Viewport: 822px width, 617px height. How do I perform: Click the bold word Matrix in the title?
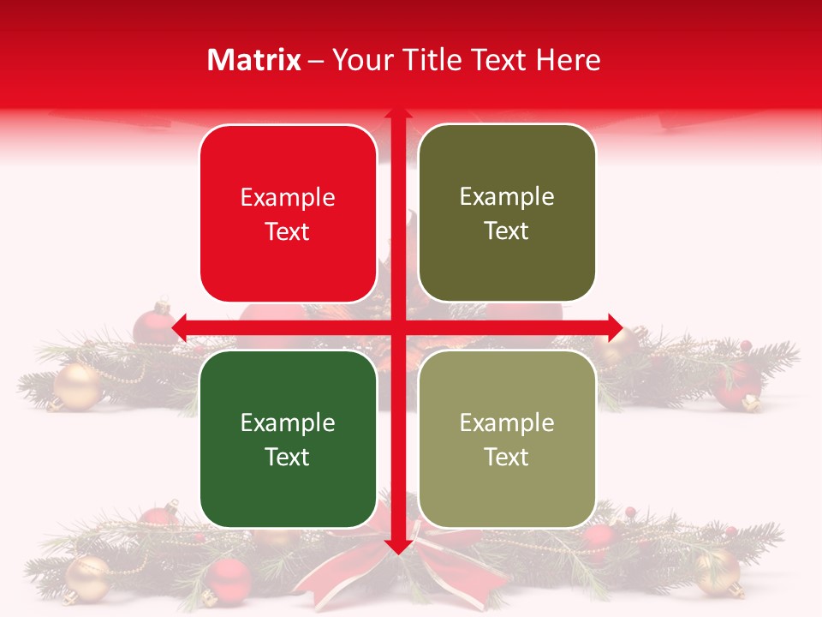tap(254, 60)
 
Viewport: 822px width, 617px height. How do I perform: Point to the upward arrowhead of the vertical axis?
tap(398, 114)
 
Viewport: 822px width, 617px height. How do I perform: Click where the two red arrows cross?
tap(398, 327)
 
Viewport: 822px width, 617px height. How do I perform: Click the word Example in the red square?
tap(288, 198)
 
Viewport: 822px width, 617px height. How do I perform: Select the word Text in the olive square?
tap(507, 231)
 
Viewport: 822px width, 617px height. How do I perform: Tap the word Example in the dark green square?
tap(288, 422)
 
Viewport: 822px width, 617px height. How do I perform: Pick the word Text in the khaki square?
tap(507, 457)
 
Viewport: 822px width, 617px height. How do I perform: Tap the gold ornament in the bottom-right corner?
tap(719, 572)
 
